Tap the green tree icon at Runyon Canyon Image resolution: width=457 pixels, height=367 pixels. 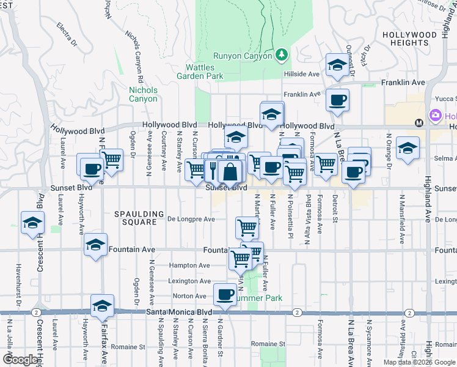281,56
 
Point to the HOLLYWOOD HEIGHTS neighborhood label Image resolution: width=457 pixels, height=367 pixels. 414,39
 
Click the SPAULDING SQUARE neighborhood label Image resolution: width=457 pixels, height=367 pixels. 140,218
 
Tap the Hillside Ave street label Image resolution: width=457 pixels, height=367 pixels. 302,74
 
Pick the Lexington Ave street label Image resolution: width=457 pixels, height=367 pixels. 189,281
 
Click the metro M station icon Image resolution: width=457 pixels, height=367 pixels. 419,122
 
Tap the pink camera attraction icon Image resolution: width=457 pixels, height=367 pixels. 435,115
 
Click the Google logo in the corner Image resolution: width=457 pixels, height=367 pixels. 20,360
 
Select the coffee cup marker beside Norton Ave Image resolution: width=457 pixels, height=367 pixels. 225,295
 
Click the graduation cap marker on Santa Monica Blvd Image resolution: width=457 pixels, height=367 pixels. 102,306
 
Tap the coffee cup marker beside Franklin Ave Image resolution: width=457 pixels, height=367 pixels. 337,100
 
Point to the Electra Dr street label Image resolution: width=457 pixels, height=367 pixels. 67,35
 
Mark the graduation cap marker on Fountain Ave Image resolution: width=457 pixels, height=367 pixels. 95,245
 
